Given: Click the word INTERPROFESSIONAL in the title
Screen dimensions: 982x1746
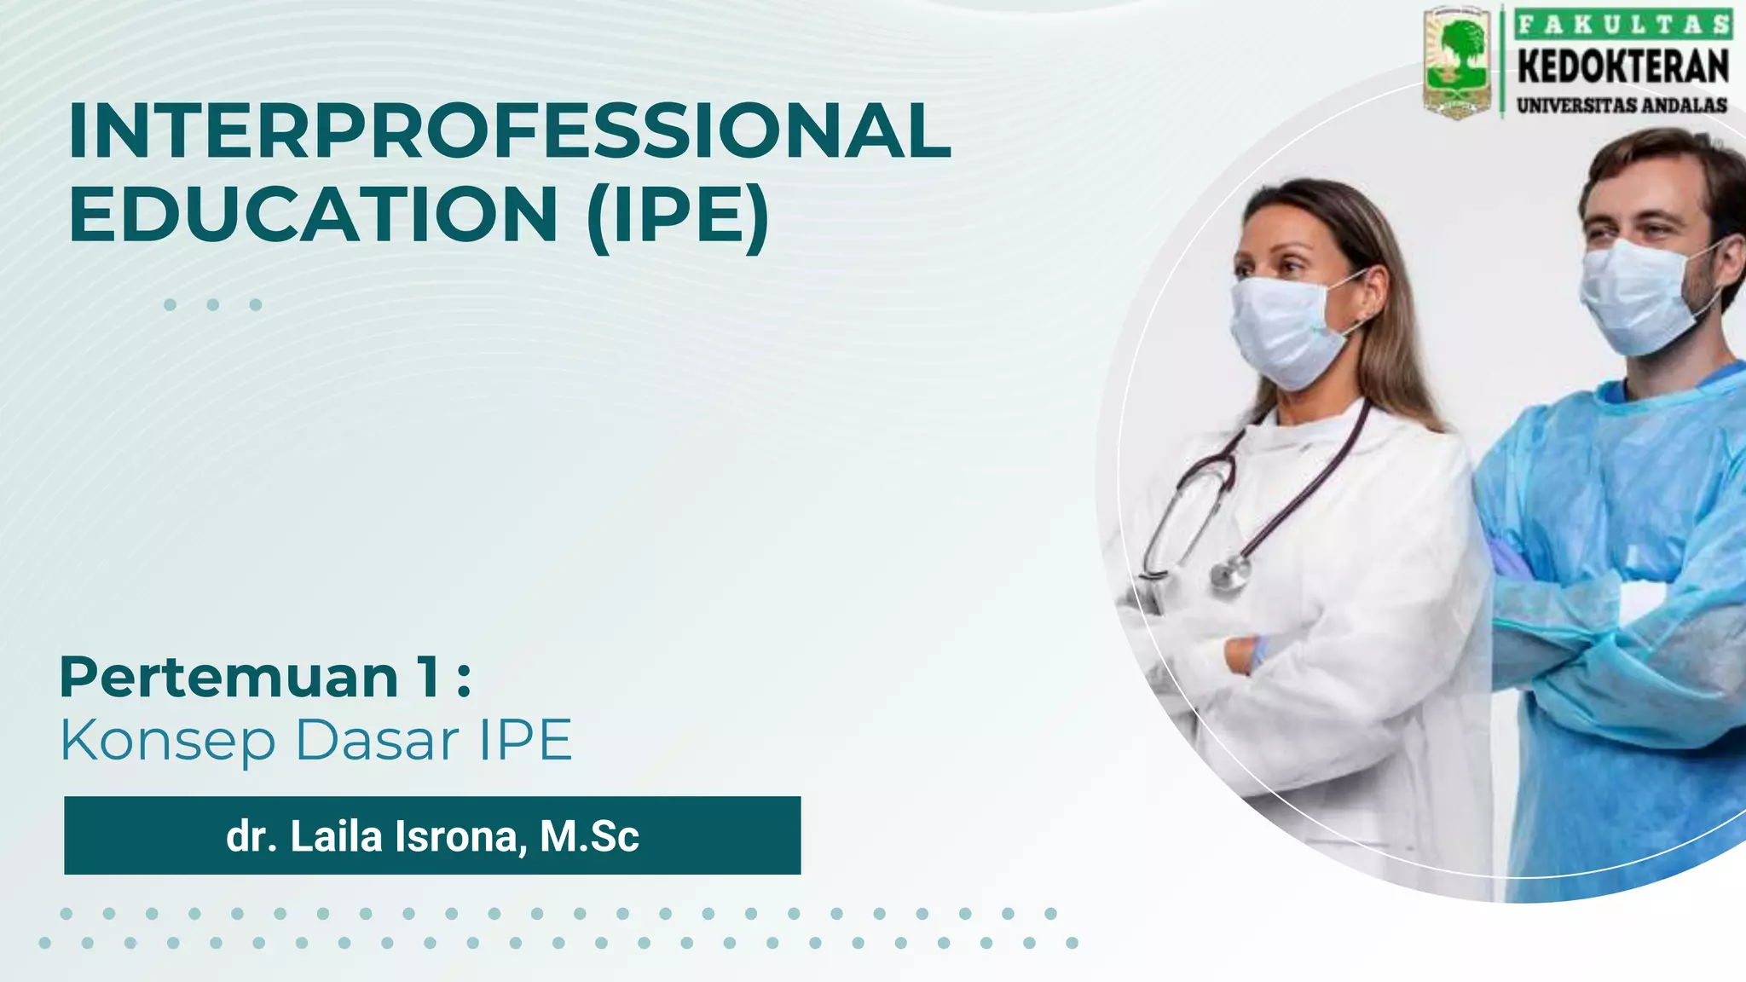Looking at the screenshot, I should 509,130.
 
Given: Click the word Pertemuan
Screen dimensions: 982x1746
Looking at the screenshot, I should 228,678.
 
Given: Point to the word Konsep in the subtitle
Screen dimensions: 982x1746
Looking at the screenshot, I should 167,740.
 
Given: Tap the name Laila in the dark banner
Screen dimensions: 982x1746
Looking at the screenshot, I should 336,836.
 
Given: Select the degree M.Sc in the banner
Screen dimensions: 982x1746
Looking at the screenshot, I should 589,836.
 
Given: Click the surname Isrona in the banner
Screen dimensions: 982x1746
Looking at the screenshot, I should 455,836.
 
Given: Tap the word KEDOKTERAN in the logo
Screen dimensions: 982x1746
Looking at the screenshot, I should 1623,67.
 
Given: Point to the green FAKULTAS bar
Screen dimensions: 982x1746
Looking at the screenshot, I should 1623,24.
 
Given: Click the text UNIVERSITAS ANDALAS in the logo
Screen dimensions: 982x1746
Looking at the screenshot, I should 1622,106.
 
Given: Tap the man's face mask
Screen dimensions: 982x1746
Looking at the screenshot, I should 1637,295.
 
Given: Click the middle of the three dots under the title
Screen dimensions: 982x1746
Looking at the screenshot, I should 212,304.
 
